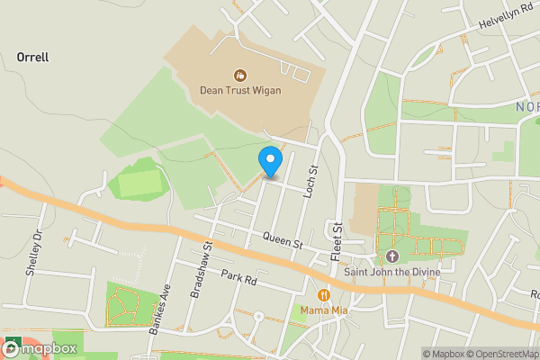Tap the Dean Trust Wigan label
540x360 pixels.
[x=240, y=90]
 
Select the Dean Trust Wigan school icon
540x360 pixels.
[x=240, y=75]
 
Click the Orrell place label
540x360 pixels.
[x=32, y=58]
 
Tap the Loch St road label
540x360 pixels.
[x=313, y=182]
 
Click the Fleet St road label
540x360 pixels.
[x=337, y=241]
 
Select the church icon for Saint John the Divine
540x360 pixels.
[x=391, y=243]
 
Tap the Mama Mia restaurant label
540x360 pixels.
[x=325, y=310]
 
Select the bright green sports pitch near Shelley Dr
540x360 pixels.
[x=137, y=183]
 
